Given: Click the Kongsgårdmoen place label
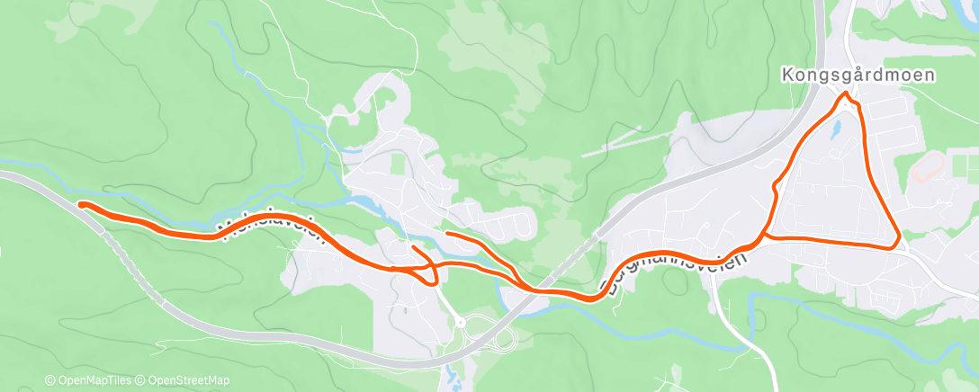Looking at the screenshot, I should pyautogui.click(x=858, y=76).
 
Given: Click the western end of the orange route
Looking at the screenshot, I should pyautogui.click(x=81, y=205).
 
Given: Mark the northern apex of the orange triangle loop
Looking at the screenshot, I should pyautogui.click(x=845, y=94).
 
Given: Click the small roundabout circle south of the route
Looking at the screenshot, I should pyautogui.click(x=459, y=321).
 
